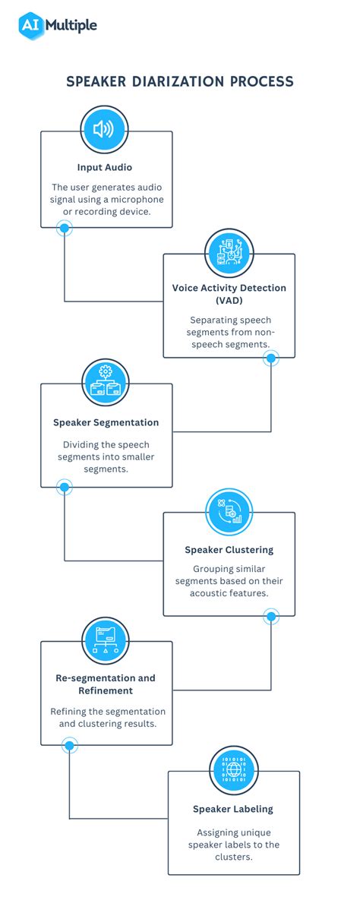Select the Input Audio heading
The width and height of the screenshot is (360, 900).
pyautogui.click(x=106, y=167)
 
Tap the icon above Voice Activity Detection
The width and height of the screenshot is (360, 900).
pyautogui.click(x=229, y=252)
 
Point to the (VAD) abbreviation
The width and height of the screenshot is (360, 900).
pyautogui.click(x=229, y=301)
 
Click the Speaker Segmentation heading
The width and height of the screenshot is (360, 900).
pyautogui.click(x=106, y=422)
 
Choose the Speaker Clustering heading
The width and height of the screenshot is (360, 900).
pyautogui.click(x=229, y=550)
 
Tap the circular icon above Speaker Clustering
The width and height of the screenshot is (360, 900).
pyautogui.click(x=229, y=511)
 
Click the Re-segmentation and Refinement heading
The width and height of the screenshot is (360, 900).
pyautogui.click(x=105, y=684)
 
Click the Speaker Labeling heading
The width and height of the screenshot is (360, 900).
pyautogui.click(x=233, y=809)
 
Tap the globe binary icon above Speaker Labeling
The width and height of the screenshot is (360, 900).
pyautogui.click(x=233, y=769)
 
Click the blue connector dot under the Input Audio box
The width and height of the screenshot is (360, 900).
pyautogui.click(x=65, y=228)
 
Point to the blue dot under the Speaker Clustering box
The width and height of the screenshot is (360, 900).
pyautogui.click(x=271, y=616)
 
